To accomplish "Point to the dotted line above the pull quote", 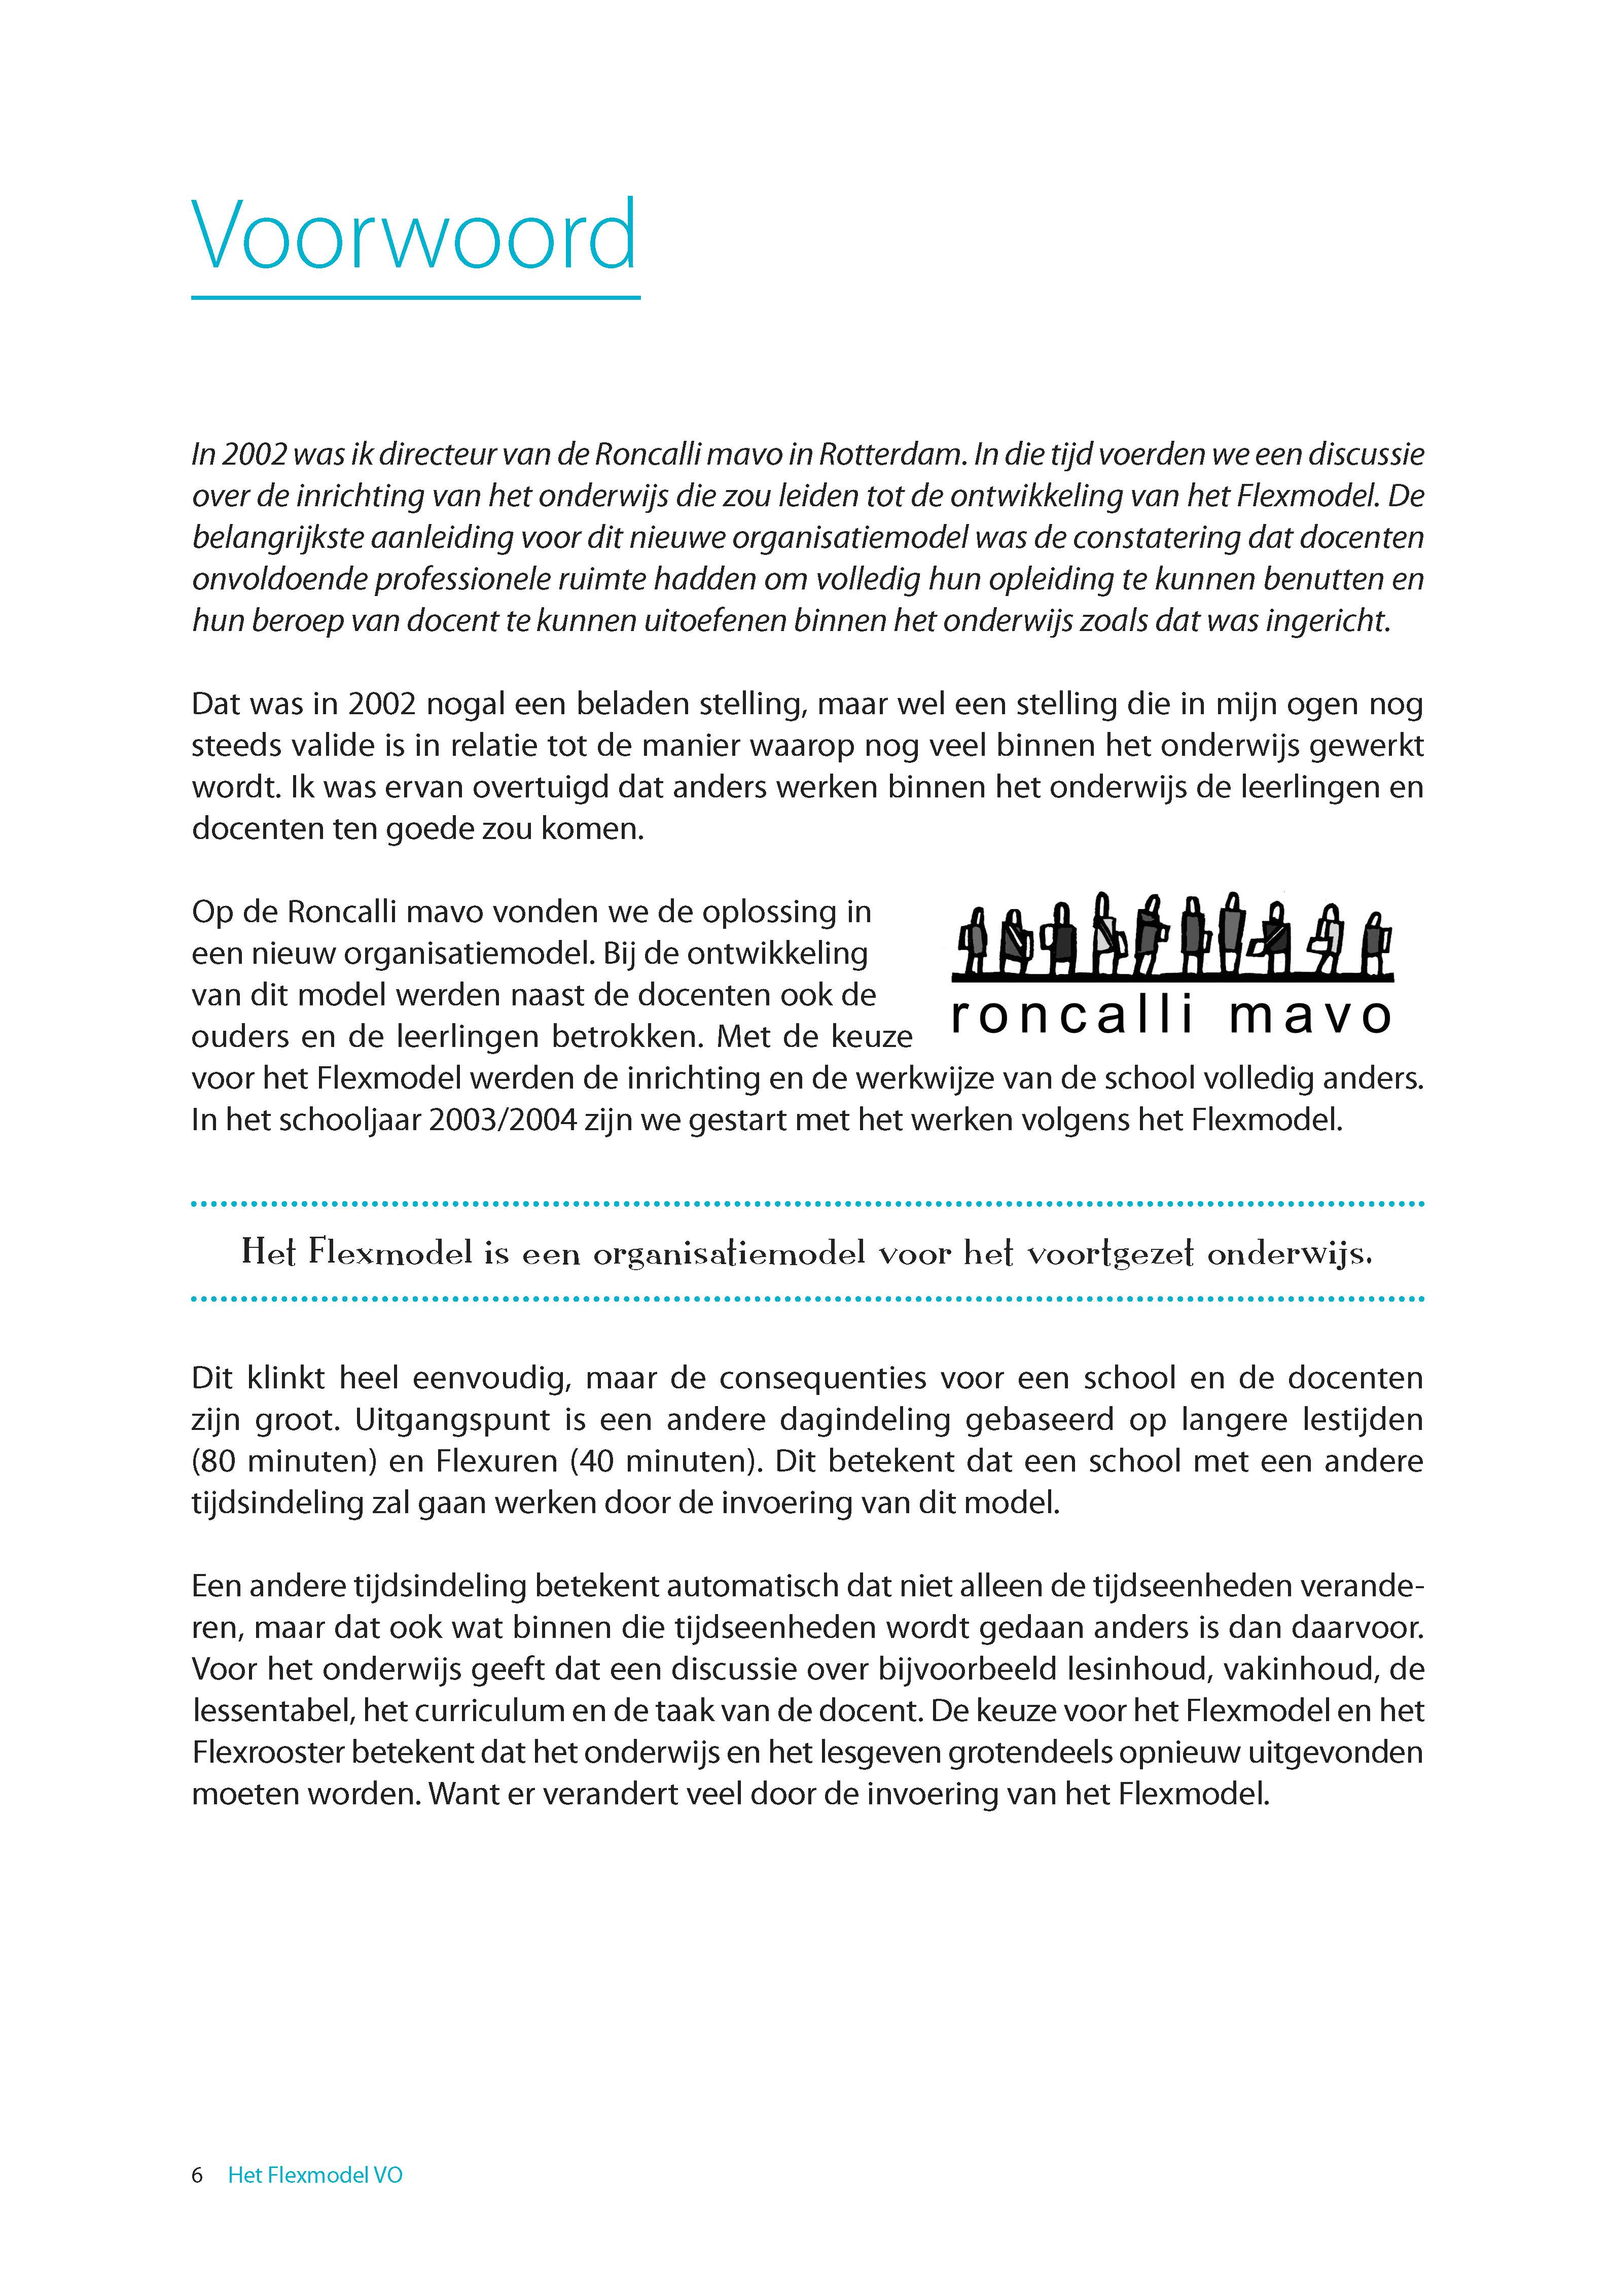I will point(807,1204).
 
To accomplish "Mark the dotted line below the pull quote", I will point(807,1298).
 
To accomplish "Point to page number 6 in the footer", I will point(197,2175).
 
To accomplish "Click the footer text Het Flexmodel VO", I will point(315,2175).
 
